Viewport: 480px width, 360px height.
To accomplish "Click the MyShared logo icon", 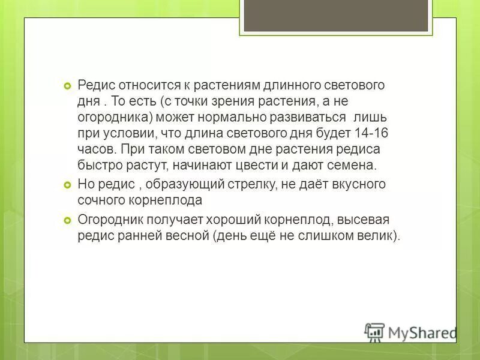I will point(374,332).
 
